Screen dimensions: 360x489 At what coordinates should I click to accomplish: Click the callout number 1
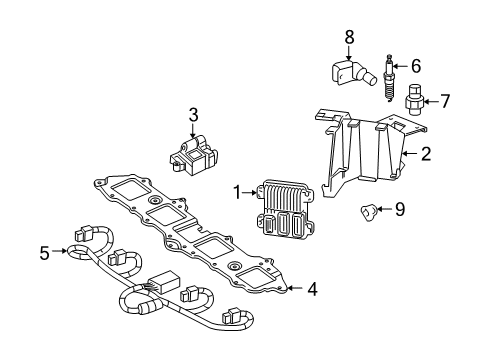pos(236,192)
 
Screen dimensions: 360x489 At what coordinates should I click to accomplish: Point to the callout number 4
pos(311,290)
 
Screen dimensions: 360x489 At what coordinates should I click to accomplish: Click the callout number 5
pos(44,253)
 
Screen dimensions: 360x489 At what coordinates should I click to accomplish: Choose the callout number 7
pos(446,100)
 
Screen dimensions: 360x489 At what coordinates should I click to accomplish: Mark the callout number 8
pos(349,37)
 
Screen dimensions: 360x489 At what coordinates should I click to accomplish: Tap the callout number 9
pos(400,209)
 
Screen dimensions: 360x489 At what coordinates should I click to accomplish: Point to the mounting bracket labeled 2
pos(365,150)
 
